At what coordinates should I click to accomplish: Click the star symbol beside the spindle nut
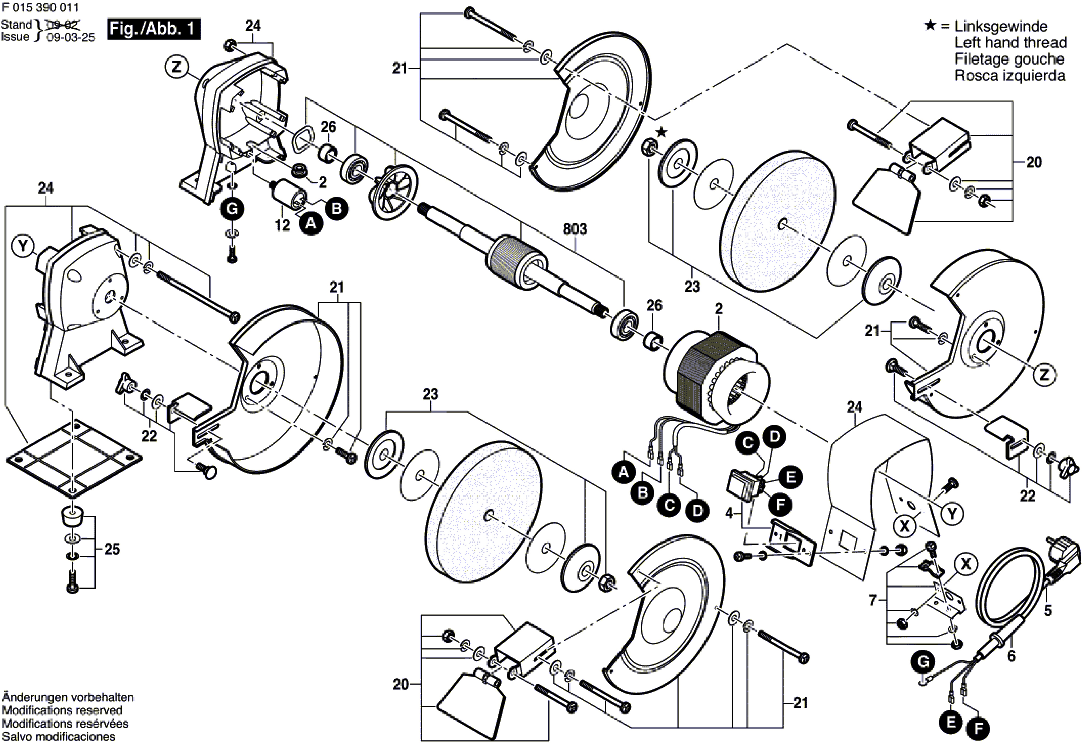point(661,133)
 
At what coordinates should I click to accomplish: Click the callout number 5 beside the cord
point(1048,610)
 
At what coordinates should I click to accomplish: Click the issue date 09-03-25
point(71,37)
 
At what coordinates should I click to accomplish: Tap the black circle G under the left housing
point(232,209)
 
